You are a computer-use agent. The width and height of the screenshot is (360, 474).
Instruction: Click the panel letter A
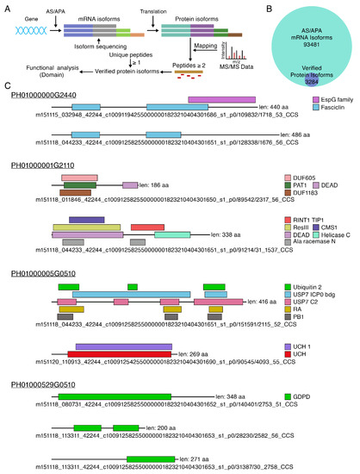tap(6, 6)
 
